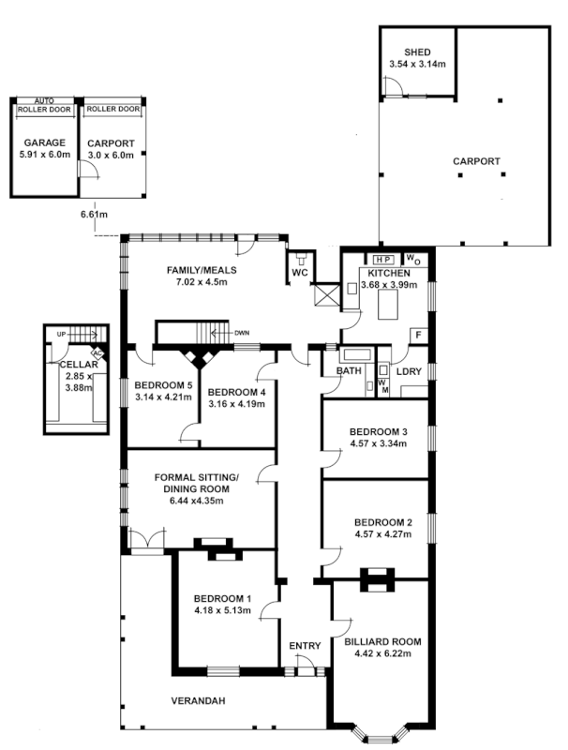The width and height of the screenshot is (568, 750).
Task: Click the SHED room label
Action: [417, 52]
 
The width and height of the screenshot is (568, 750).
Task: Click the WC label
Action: [300, 273]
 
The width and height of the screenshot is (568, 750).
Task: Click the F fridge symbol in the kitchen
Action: [418, 334]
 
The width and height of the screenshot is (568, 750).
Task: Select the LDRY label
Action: [409, 372]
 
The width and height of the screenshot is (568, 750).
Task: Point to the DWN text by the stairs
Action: [242, 332]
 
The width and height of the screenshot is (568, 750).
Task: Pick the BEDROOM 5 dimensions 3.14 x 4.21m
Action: [163, 397]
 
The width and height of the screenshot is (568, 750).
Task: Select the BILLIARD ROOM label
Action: [382, 642]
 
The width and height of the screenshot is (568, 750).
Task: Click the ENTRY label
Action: [305, 645]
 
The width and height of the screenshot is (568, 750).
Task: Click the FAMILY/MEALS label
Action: [202, 271]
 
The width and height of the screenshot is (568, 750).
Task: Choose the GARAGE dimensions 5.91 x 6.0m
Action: [44, 155]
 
